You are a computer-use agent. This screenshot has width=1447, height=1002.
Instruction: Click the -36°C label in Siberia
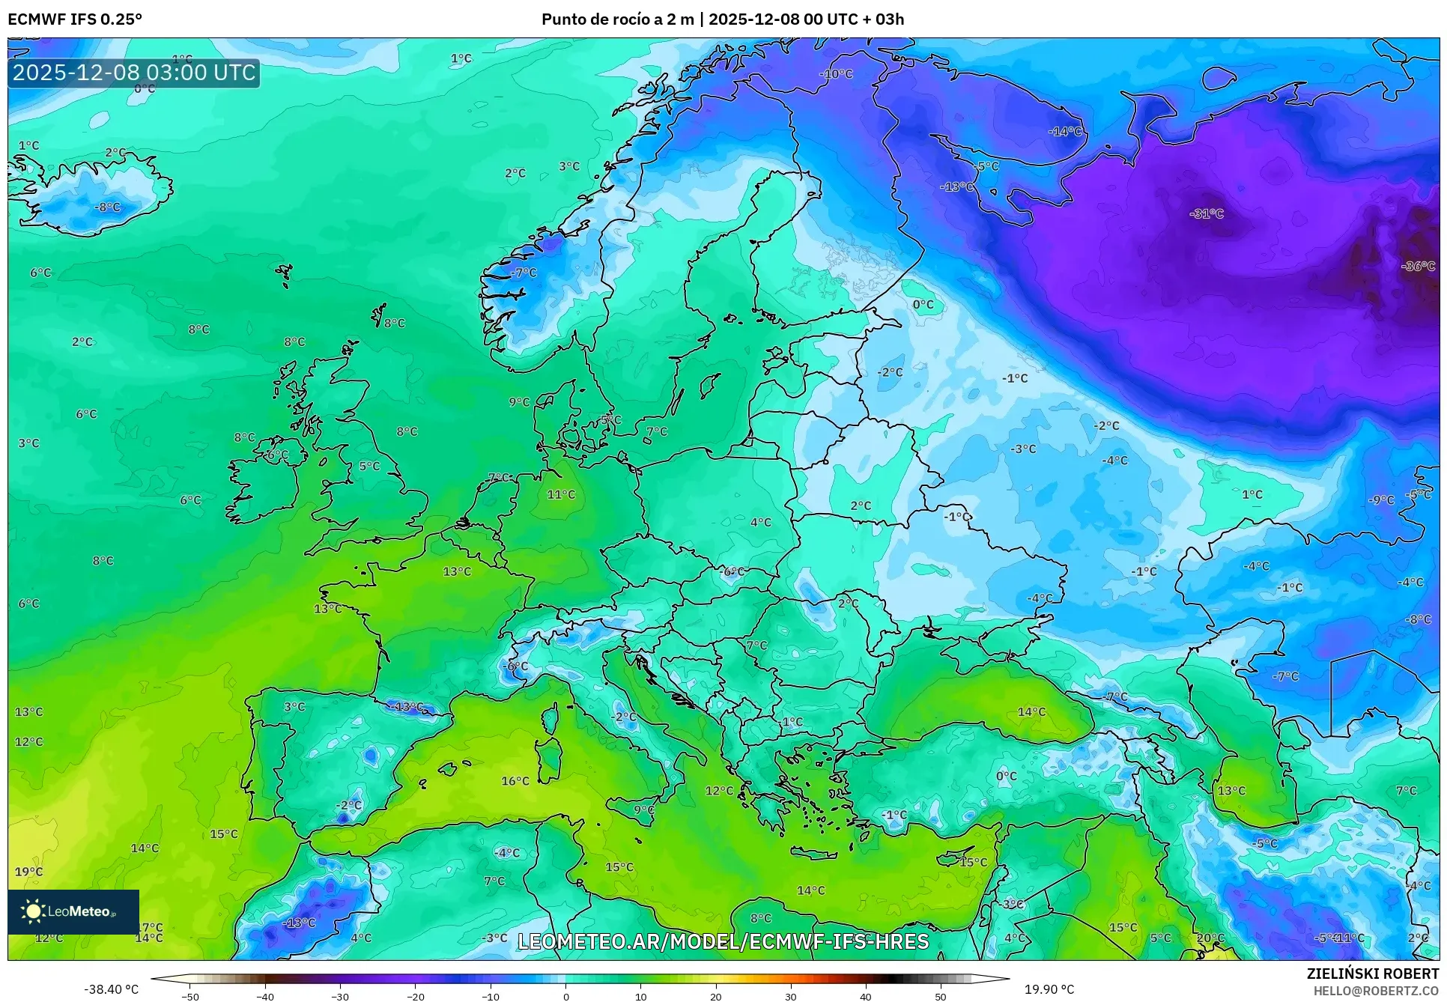click(x=1419, y=267)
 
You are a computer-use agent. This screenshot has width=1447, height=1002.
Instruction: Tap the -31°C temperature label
click(x=1207, y=213)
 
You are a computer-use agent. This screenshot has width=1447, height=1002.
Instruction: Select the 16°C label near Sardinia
click(x=515, y=781)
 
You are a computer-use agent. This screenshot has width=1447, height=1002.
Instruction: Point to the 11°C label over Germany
click(x=561, y=494)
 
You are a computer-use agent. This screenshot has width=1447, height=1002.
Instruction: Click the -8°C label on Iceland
click(x=107, y=207)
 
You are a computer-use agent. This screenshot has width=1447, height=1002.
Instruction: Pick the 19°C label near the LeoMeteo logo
click(x=28, y=872)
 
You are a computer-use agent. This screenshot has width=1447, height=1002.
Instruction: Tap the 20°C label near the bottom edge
click(x=1210, y=938)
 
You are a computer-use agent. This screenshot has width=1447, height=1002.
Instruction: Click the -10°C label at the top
click(x=836, y=74)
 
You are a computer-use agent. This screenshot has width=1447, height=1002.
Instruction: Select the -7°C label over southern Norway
click(x=524, y=273)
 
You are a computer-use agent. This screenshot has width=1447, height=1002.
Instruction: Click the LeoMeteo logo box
click(x=73, y=911)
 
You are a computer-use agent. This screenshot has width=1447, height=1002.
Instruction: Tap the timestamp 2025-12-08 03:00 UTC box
click(x=134, y=73)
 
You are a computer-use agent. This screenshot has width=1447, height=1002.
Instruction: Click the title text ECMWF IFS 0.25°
click(x=75, y=19)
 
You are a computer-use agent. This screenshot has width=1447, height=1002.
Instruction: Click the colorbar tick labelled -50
click(x=190, y=997)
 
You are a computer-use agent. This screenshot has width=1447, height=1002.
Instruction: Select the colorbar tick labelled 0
click(x=565, y=997)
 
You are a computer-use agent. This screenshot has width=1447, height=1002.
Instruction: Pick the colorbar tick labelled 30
click(x=791, y=997)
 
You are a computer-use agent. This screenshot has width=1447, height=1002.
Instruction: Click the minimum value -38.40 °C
click(x=111, y=989)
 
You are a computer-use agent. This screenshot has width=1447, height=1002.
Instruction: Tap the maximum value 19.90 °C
click(x=1049, y=989)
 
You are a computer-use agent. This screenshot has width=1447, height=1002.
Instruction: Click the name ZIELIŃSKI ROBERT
click(x=1372, y=974)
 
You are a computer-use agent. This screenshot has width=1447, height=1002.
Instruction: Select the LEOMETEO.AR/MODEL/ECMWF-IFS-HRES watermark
click(x=723, y=941)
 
